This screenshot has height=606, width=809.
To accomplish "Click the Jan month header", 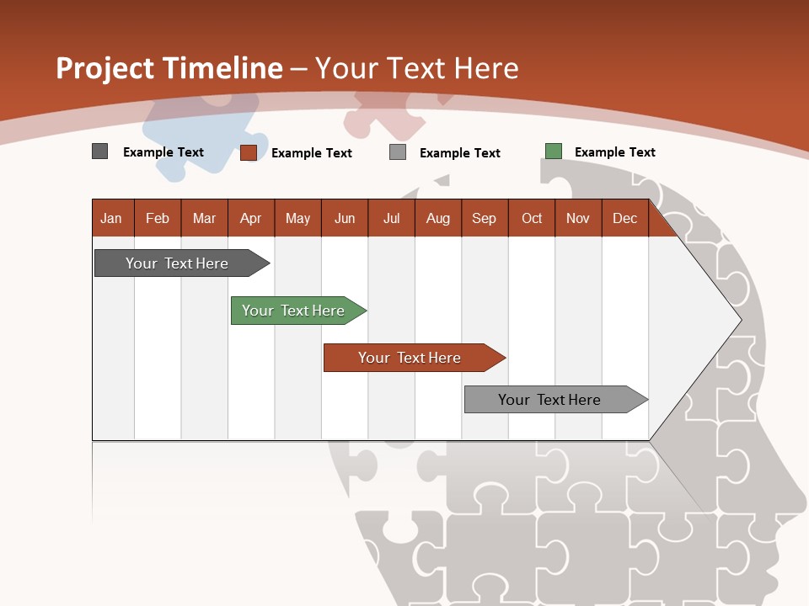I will click(111, 218).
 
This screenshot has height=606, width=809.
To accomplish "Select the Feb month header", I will click(158, 218).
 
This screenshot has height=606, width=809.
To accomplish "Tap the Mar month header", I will click(204, 218).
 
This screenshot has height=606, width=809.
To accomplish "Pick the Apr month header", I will click(251, 218).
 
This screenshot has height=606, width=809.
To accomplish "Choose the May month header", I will click(297, 218).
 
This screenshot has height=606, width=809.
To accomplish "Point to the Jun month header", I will click(345, 218).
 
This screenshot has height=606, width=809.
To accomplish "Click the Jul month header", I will click(391, 218).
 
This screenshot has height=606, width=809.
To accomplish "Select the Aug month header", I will click(438, 218).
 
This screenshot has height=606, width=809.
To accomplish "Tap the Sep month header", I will click(484, 218).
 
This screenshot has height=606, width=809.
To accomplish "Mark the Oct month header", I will click(532, 218).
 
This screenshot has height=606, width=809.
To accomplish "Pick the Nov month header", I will click(578, 218).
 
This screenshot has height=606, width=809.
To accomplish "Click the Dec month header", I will click(624, 218).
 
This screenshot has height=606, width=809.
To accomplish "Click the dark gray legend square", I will click(99, 151).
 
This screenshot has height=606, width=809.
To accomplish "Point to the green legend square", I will click(553, 151).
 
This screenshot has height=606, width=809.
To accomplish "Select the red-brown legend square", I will click(249, 152).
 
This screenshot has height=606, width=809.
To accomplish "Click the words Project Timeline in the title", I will click(169, 68).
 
